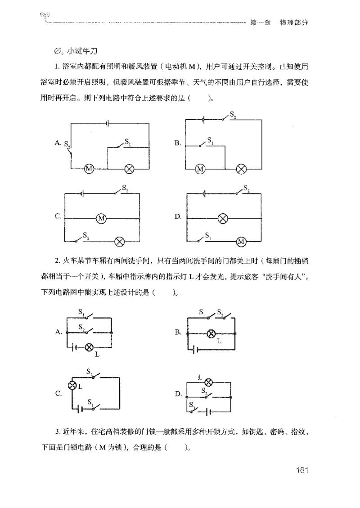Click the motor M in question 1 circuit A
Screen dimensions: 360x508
click(89, 169)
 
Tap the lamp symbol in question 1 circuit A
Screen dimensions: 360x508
click(130, 169)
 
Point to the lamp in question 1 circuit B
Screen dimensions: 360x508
click(242, 169)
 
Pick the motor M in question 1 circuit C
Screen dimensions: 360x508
click(101, 218)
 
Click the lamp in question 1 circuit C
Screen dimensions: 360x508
click(120, 241)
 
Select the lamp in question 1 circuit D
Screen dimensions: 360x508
click(222, 218)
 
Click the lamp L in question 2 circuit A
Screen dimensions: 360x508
click(89, 347)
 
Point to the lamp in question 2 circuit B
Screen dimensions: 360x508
click(211, 333)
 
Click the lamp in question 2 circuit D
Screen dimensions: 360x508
click(208, 382)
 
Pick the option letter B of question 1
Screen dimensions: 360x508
click(178, 143)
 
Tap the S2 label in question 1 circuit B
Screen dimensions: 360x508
click(233, 115)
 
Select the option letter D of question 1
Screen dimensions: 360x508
click(178, 217)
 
